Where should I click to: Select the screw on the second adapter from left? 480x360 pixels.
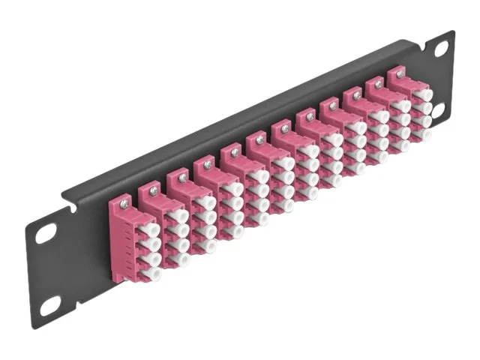[153, 191]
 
